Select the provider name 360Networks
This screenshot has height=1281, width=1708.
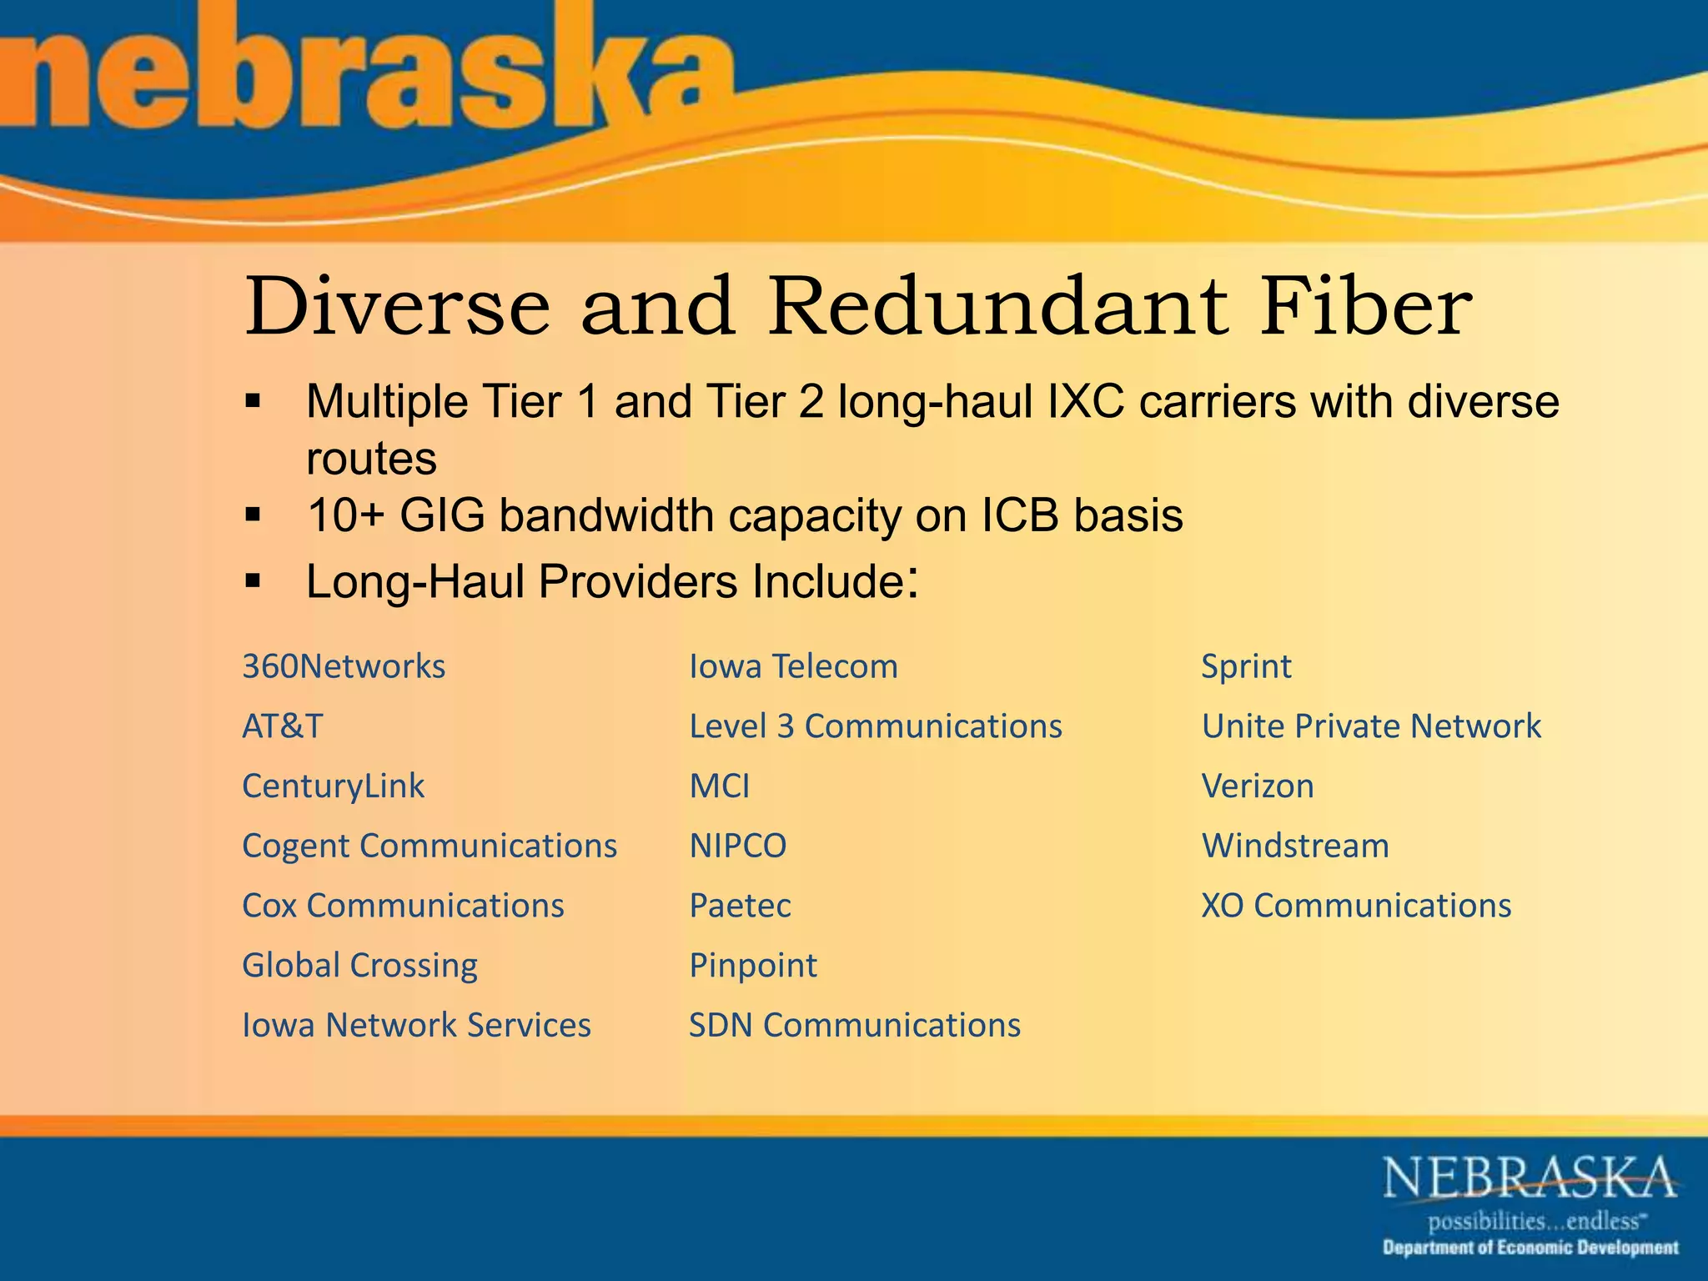pos(344,667)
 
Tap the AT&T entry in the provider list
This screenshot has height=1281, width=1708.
pos(282,726)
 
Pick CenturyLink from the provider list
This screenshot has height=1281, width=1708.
pos(334,786)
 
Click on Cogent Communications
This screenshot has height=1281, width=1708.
pos(430,846)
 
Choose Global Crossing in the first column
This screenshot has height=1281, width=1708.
pos(359,966)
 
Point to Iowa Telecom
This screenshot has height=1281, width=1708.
pos(793,667)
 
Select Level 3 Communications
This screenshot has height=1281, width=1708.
pos(876,726)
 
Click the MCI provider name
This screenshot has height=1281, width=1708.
pos(719,786)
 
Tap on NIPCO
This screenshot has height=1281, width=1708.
pos(737,846)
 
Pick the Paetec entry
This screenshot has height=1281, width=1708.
pos(740,906)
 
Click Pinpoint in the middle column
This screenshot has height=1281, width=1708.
pos(753,966)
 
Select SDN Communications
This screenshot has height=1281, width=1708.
pos(855,1026)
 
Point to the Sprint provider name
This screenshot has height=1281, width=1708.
pos(1246,667)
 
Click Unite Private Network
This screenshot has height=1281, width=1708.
pos(1371,726)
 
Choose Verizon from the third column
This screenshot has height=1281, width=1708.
pos(1258,786)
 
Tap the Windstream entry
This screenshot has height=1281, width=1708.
pos(1295,846)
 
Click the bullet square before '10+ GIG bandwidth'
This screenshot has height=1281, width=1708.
pos(254,515)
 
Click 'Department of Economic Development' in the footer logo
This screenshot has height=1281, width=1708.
pos(1530,1248)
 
